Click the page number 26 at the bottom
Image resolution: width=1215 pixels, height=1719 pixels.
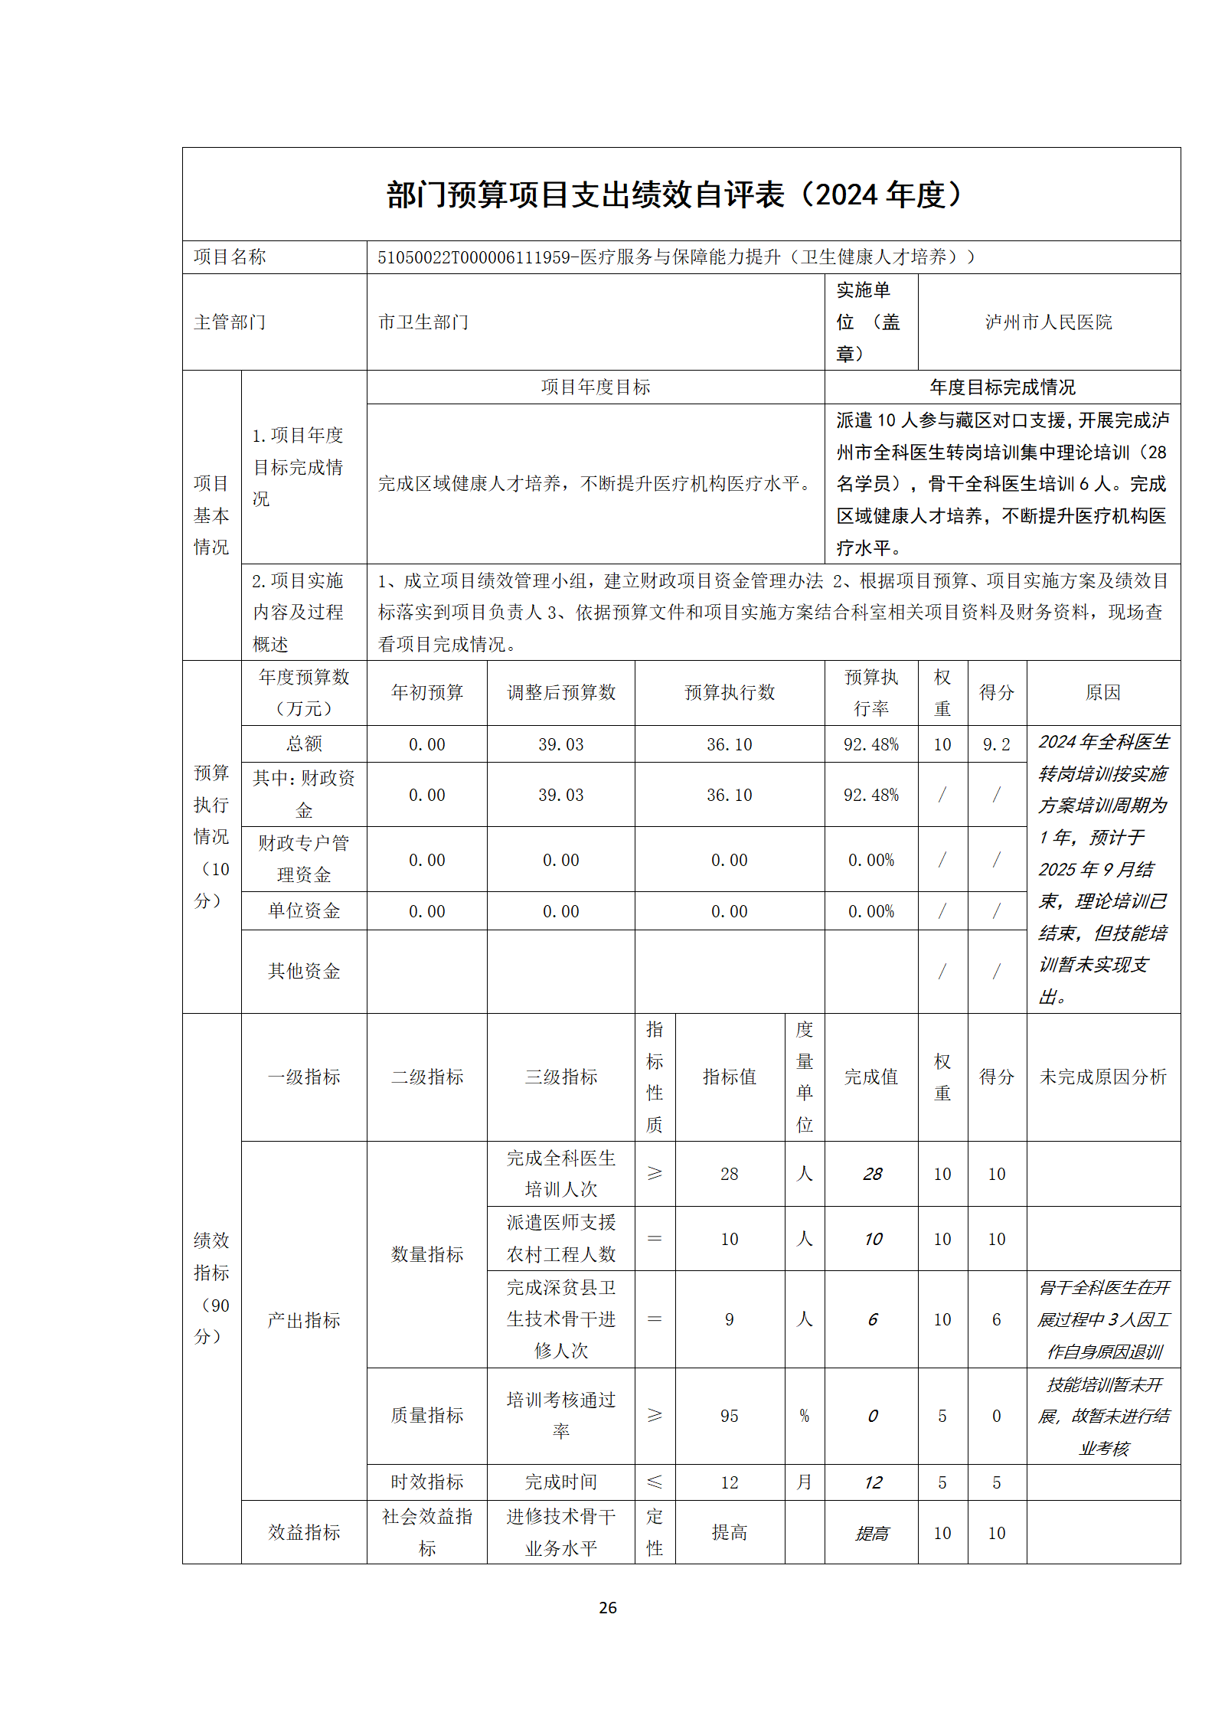click(x=607, y=1607)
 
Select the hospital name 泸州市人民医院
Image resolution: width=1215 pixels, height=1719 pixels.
click(x=1048, y=322)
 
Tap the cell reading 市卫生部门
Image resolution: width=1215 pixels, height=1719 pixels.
click(x=423, y=322)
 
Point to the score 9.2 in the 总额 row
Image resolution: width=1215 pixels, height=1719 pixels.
click(x=996, y=744)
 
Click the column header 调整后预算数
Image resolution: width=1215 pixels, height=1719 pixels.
click(x=560, y=693)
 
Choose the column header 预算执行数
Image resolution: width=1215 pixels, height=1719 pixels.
click(x=729, y=693)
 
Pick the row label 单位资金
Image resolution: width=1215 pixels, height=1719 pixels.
click(x=304, y=911)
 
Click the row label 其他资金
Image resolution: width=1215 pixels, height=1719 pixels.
click(x=304, y=972)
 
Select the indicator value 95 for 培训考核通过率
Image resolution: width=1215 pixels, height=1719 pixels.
click(x=729, y=1416)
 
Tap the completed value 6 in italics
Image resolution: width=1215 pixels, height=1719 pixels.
click(x=872, y=1319)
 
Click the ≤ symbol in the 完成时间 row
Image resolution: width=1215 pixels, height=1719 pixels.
click(x=655, y=1482)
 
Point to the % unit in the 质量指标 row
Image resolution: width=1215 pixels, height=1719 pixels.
click(x=804, y=1416)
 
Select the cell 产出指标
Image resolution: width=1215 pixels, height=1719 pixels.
click(x=304, y=1320)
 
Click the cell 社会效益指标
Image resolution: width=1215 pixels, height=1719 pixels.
click(x=427, y=1531)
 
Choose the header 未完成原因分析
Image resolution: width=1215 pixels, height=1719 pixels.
click(x=1102, y=1077)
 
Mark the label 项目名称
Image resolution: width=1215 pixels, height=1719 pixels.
click(x=230, y=257)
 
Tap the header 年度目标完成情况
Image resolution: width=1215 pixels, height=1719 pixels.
click(x=1002, y=387)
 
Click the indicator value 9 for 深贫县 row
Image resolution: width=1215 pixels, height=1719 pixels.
click(x=729, y=1319)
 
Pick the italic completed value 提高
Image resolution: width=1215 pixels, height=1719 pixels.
click(x=872, y=1533)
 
